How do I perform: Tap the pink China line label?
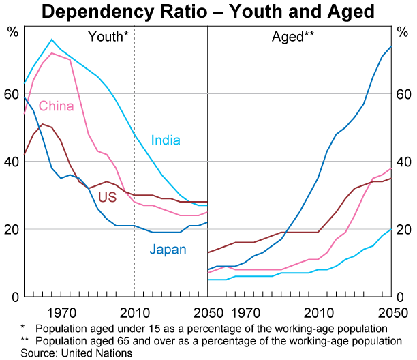click(x=56, y=106)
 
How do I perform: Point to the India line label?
click(x=166, y=141)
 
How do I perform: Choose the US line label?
click(x=107, y=198)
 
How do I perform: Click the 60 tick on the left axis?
click(x=12, y=94)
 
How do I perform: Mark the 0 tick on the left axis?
click(x=15, y=297)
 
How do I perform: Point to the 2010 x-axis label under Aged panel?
click(x=318, y=314)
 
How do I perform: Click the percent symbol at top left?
click(x=12, y=32)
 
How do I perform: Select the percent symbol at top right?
click(x=403, y=32)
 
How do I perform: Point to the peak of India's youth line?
click(x=52, y=40)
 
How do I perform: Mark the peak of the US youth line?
click(x=43, y=124)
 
